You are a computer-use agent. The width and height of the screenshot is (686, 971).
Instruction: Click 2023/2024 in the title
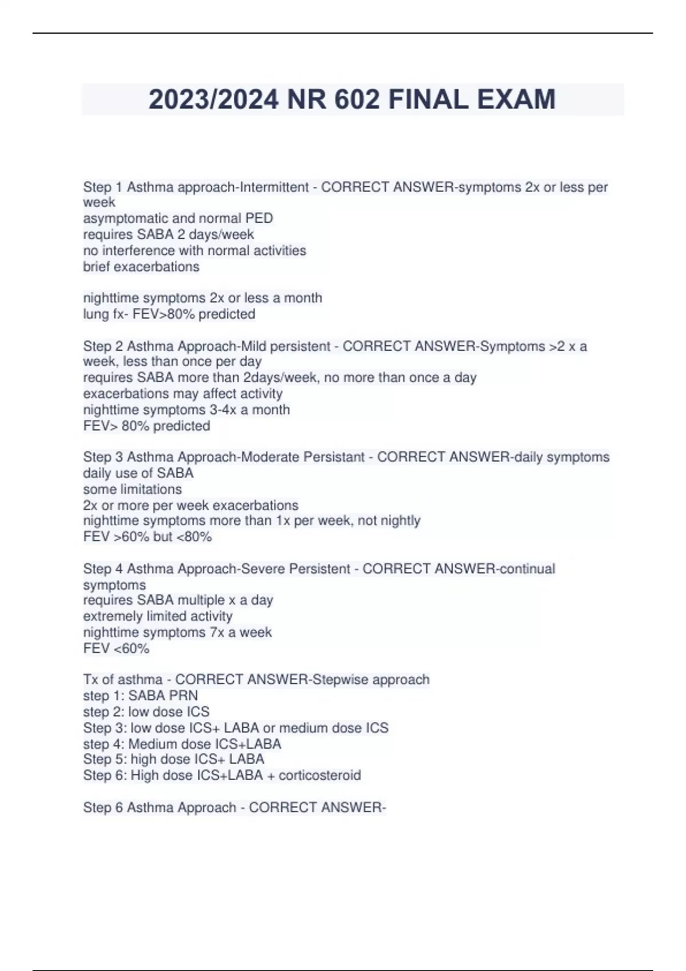(x=214, y=99)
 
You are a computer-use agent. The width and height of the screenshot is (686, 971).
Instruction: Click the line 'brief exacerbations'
(x=141, y=267)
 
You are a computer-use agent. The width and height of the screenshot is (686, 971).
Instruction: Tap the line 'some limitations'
(x=132, y=489)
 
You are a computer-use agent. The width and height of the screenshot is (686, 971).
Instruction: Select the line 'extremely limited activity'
(x=158, y=616)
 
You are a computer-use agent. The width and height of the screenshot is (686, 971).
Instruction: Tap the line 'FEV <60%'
(x=116, y=648)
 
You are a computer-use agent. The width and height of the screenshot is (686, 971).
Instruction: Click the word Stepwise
(x=340, y=680)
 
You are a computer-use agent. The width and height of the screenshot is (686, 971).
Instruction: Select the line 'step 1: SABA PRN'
(x=141, y=696)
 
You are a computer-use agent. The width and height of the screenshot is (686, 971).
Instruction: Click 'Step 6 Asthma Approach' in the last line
(x=159, y=808)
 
